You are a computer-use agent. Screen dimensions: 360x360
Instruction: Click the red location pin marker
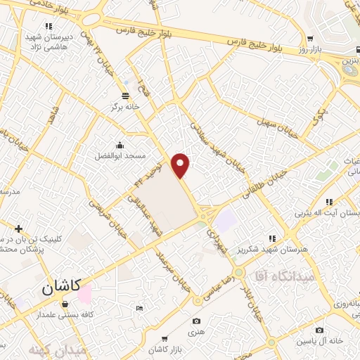pyautogui.click(x=181, y=165)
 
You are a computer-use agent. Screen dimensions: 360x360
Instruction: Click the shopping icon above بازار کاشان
pyautogui.click(x=165, y=338)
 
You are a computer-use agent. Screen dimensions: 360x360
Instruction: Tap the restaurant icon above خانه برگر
pyautogui.click(x=125, y=95)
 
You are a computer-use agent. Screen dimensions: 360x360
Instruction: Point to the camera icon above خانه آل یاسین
pyautogui.click(x=320, y=330)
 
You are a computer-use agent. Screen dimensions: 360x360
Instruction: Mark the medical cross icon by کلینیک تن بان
pyautogui.click(x=18, y=228)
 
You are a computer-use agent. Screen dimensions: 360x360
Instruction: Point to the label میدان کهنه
pyautogui.click(x=58, y=348)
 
